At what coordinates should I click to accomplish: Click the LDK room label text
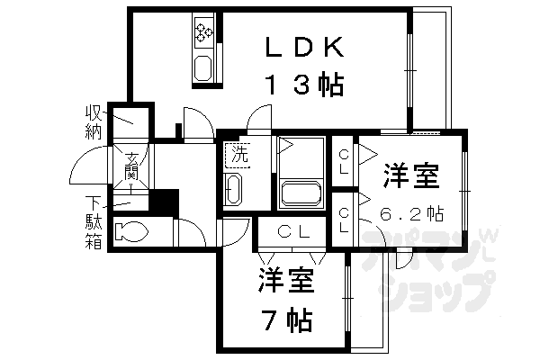tap(305, 47)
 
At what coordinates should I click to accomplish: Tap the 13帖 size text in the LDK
tap(305, 85)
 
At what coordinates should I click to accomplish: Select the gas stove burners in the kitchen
tap(204, 31)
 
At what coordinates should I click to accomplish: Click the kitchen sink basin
tap(202, 67)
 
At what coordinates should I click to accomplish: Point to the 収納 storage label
tap(94, 122)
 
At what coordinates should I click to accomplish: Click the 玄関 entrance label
tap(131, 166)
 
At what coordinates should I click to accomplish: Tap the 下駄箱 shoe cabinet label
tap(94, 222)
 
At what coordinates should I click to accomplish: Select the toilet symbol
tap(131, 231)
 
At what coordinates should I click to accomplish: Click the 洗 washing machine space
tap(238, 155)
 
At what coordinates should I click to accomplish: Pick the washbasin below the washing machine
tap(233, 190)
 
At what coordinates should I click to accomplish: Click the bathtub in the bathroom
tap(301, 194)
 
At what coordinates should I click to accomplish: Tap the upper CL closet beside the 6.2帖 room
tap(344, 162)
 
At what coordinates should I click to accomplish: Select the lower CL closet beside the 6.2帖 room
tap(344, 220)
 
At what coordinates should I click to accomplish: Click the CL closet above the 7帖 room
tap(292, 232)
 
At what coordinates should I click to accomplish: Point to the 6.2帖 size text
tap(412, 214)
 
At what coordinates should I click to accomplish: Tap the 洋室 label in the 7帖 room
tap(287, 279)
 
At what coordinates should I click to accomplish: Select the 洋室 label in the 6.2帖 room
tap(412, 175)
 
